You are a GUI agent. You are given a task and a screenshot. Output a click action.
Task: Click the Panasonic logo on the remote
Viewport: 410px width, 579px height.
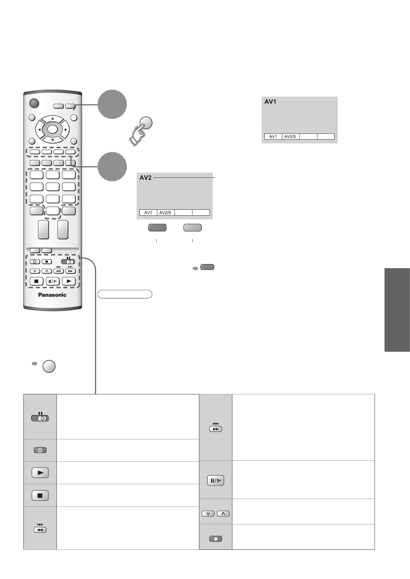52,295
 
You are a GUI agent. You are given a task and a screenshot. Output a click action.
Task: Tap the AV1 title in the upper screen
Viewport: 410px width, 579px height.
270,102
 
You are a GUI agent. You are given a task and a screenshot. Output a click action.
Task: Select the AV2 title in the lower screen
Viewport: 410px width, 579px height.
145,178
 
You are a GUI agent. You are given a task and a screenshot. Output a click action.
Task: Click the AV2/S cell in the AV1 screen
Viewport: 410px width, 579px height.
291,136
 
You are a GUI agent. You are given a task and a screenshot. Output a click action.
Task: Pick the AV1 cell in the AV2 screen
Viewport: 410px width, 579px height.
148,212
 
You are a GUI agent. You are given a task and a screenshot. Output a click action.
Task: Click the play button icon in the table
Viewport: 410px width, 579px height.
40,473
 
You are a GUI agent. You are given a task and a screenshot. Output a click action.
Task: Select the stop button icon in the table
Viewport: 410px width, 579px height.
40,495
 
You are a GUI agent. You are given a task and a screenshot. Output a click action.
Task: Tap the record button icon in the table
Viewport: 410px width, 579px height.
215,539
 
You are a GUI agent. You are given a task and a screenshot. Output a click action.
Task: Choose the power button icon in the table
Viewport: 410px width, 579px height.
40,450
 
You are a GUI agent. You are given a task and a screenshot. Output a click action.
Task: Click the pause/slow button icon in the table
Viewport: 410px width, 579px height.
215,480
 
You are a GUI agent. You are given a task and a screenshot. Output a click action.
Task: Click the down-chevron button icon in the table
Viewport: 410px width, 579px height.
208,514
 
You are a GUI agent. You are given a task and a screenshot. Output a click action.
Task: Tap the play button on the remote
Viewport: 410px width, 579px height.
69,281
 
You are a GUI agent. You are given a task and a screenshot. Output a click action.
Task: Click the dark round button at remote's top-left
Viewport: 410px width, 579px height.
34,103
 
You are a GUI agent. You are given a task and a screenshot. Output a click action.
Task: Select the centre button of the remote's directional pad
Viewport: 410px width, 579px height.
52,129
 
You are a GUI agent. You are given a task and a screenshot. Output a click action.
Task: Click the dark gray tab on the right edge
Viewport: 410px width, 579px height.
397,310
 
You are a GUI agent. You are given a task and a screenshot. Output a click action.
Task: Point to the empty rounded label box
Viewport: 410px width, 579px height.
125,294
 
